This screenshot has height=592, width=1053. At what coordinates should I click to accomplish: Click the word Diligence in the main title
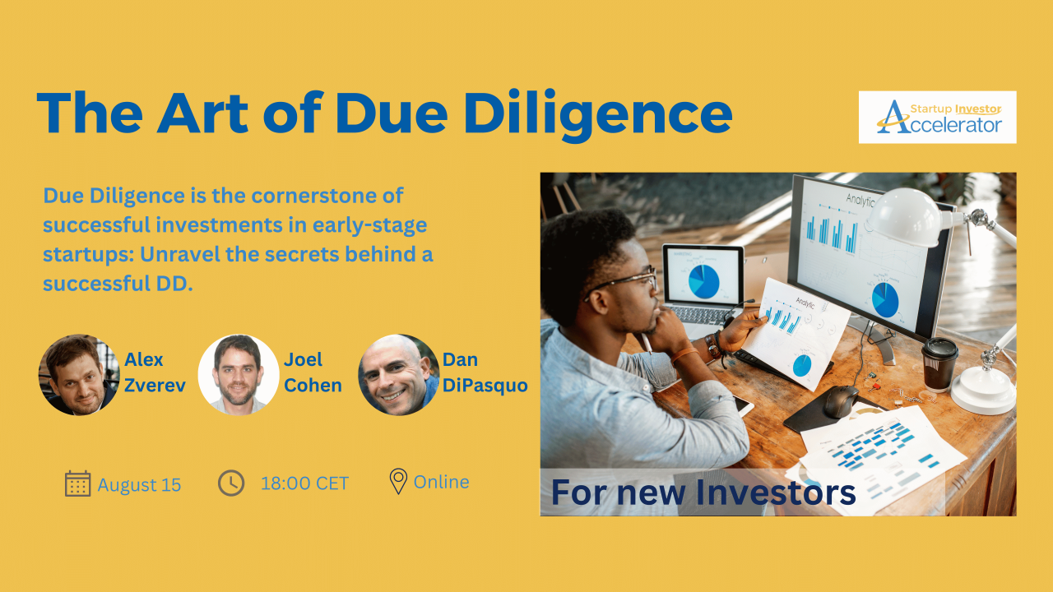click(598, 115)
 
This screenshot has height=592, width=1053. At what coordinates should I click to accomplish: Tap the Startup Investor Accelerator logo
click(937, 117)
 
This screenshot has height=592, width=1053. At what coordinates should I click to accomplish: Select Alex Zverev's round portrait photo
click(79, 374)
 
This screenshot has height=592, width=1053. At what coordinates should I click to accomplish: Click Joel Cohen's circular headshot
click(239, 374)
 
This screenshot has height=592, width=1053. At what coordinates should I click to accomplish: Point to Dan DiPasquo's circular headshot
click(399, 374)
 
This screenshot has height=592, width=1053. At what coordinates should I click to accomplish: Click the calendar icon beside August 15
click(77, 483)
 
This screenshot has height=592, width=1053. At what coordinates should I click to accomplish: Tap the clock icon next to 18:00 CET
click(231, 483)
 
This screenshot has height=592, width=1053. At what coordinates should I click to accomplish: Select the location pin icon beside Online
click(398, 481)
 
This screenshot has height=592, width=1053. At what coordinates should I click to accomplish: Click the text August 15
click(139, 485)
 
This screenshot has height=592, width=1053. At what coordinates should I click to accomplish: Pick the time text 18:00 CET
click(304, 483)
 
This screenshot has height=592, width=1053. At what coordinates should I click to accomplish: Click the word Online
click(442, 482)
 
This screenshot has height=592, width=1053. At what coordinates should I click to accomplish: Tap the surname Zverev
click(155, 386)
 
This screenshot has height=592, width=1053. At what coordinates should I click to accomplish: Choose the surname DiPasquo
click(485, 386)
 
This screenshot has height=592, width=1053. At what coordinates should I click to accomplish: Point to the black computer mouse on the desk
click(841, 401)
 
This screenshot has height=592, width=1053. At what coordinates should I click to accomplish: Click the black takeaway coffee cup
click(939, 363)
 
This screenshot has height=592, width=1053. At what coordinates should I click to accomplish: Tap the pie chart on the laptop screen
click(703, 281)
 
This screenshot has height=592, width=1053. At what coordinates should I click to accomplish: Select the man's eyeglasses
click(625, 281)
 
